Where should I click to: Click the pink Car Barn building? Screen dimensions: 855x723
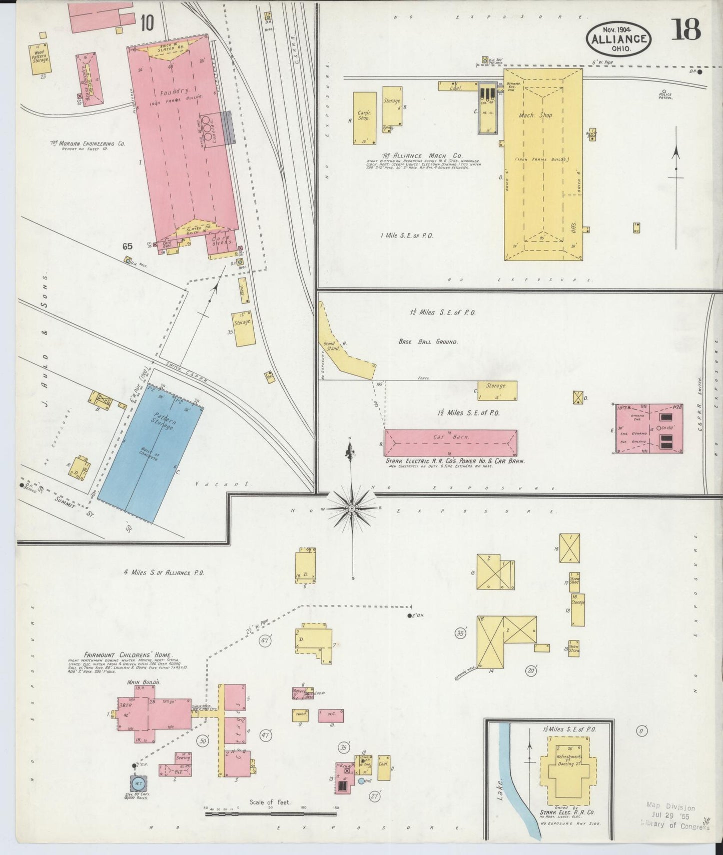click(450, 442)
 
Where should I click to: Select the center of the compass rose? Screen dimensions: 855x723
click(352, 508)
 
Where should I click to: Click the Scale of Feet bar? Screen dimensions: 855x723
click(270, 814)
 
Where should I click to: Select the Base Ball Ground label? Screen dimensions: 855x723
click(428, 342)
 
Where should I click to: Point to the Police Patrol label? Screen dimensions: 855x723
click(665, 96)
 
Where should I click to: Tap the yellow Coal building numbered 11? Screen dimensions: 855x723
click(384, 767)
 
